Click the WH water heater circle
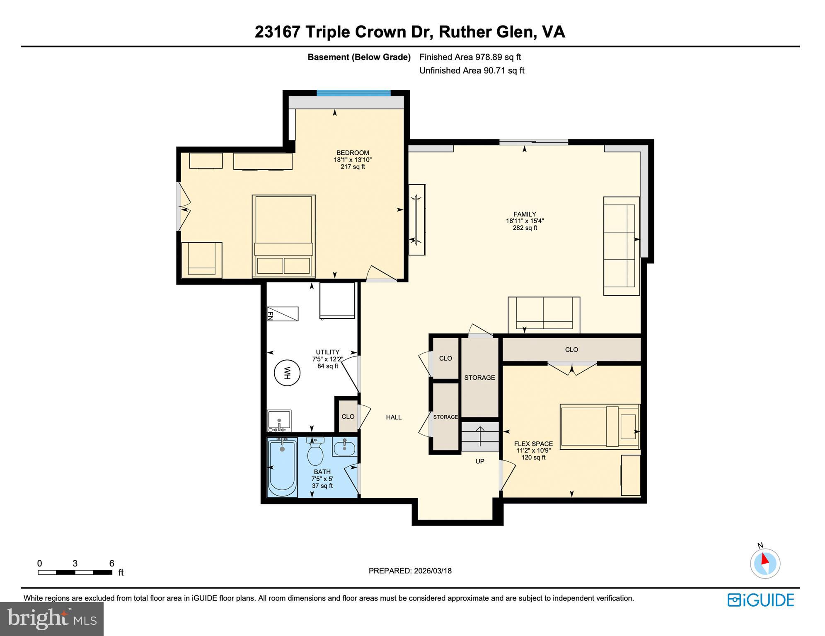click(x=287, y=373)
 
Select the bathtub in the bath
click(x=282, y=467)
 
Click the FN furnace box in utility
click(x=282, y=314)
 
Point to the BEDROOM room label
click(x=352, y=153)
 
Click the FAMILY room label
click(x=525, y=214)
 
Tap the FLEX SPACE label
click(x=533, y=444)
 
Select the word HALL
click(x=394, y=417)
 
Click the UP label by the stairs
click(x=480, y=461)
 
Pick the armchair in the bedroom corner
click(x=202, y=260)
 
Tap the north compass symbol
click(x=765, y=563)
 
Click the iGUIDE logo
click(x=760, y=600)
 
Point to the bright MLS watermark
click(x=51, y=619)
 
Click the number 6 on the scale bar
click(x=111, y=563)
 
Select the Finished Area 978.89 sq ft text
click(x=470, y=57)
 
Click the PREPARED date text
click(x=410, y=571)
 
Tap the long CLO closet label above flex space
click(x=571, y=349)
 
